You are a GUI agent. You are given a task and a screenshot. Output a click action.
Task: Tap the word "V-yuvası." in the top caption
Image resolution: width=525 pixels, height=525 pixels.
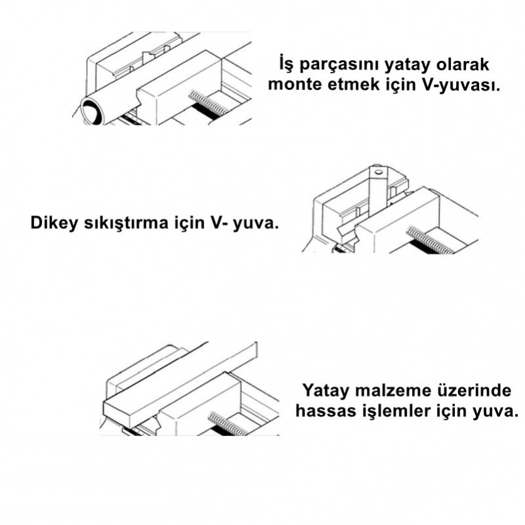pos(462,85)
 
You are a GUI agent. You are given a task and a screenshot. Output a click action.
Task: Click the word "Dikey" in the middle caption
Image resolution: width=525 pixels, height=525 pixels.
pos(54,223)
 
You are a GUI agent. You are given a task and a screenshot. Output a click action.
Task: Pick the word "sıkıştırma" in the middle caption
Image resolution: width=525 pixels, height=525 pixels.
pos(126,223)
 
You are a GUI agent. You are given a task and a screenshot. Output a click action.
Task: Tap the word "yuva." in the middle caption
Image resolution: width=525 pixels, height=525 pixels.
pos(255,224)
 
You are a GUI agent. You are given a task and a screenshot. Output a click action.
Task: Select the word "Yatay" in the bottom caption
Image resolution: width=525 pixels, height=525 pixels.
pos(324,391)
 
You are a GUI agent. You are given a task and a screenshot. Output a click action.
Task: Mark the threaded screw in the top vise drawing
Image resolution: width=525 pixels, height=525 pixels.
pos(207,103)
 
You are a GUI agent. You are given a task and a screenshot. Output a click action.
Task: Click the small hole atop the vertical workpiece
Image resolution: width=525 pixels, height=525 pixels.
pos(379,173)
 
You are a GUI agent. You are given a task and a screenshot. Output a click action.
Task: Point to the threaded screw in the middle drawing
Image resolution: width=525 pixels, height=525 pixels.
pos(430,240)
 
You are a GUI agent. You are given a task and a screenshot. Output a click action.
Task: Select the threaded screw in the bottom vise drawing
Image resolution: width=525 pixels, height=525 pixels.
pos(227,423)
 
